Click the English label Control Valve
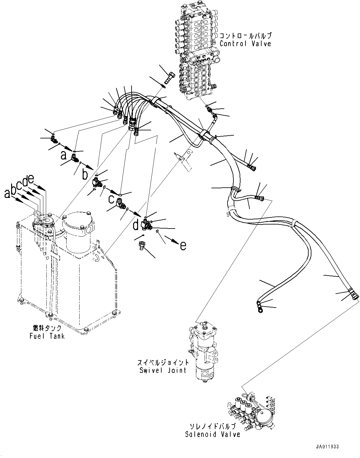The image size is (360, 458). point(245,43)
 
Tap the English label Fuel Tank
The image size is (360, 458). point(47,336)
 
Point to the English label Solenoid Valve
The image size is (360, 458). point(213,434)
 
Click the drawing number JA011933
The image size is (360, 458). point(327,447)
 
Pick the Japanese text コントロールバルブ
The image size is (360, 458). point(245,35)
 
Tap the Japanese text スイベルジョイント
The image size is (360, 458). point(163,362)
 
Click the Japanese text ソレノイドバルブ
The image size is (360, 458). point(213,426)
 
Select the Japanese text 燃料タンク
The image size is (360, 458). point(47,328)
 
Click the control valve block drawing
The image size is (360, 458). point(197,50)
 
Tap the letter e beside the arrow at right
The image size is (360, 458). point(183,246)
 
